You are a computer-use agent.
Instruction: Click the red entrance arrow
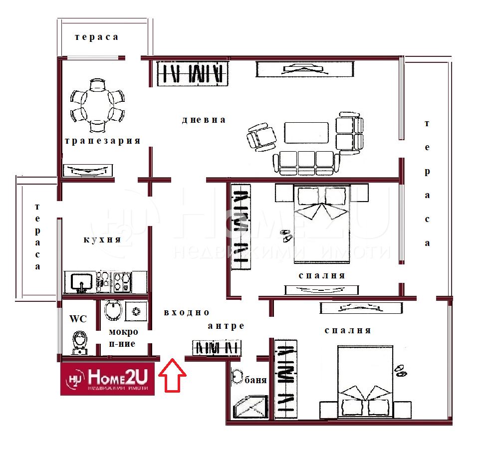click(172, 375)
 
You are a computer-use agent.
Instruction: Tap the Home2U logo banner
click(107, 379)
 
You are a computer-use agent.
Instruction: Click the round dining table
click(97, 105)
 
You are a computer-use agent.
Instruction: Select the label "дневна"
click(204, 120)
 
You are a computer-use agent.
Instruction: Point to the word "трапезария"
click(103, 141)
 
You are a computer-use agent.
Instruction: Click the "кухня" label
click(102, 239)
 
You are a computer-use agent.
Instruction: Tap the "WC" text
click(78, 319)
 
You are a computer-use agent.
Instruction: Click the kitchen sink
click(81, 282)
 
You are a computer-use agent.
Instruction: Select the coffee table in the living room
click(306, 133)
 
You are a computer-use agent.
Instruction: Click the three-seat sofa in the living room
click(306, 163)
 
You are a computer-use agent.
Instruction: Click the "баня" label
click(255, 380)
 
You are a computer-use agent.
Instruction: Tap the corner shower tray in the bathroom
click(250, 407)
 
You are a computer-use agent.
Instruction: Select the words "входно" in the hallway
click(186, 313)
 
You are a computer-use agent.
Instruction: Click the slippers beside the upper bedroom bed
click(286, 235)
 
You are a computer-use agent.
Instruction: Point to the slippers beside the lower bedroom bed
click(400, 371)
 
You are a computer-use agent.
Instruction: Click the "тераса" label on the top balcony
click(96, 37)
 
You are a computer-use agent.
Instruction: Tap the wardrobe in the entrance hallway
click(217, 348)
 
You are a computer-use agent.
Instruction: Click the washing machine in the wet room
click(136, 311)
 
